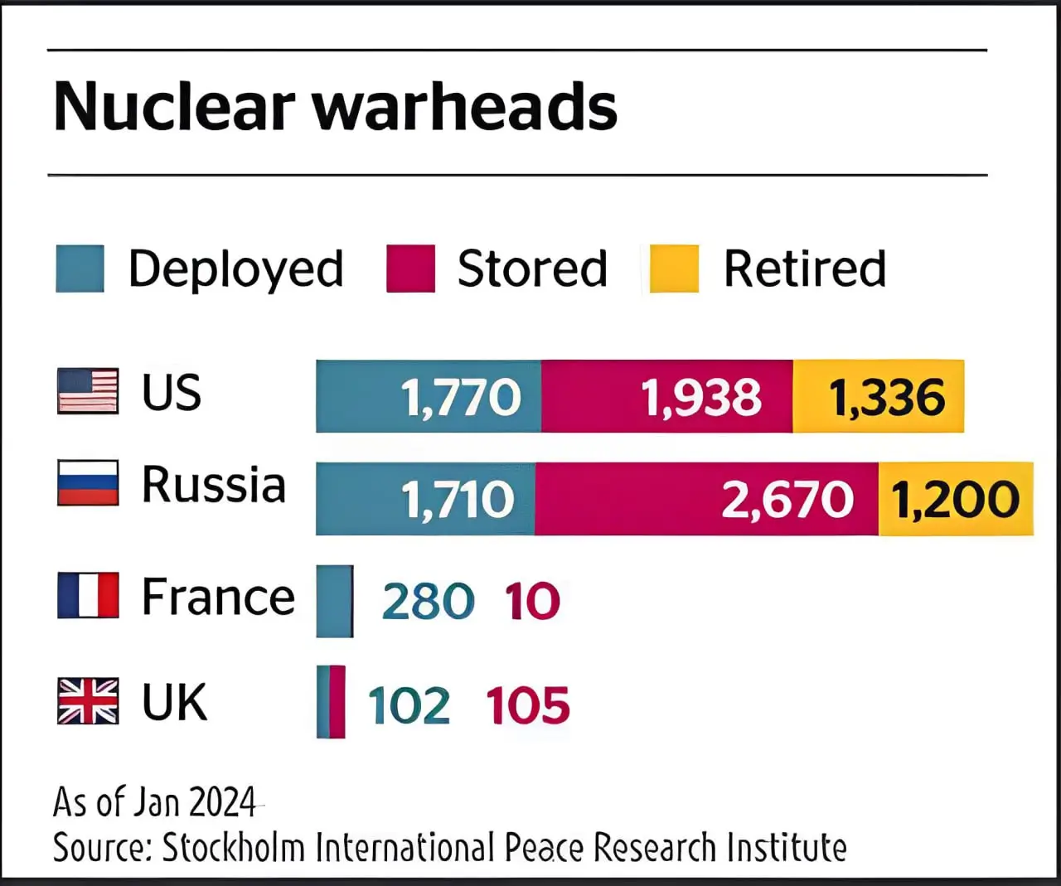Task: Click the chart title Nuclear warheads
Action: [x=335, y=107]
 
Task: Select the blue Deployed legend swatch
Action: [x=80, y=269]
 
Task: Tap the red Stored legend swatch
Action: [x=410, y=269]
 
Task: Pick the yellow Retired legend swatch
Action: [x=673, y=269]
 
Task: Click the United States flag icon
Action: [x=88, y=391]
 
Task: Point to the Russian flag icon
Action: [x=88, y=483]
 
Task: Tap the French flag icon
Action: [x=88, y=595]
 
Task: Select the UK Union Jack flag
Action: [x=88, y=701]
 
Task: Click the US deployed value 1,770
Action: [x=461, y=397]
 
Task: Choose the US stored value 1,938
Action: [x=701, y=397]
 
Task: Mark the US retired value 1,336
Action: [x=887, y=397]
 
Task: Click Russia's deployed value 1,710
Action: [x=458, y=500]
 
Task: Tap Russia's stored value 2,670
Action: [x=787, y=500]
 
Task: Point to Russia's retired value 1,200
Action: [x=955, y=500]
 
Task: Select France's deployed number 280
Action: [x=428, y=601]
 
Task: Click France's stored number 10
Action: [x=532, y=601]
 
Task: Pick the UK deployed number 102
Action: [x=409, y=705]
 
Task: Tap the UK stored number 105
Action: [x=528, y=705]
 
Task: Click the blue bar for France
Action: [x=335, y=601]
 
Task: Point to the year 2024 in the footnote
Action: [x=222, y=801]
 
